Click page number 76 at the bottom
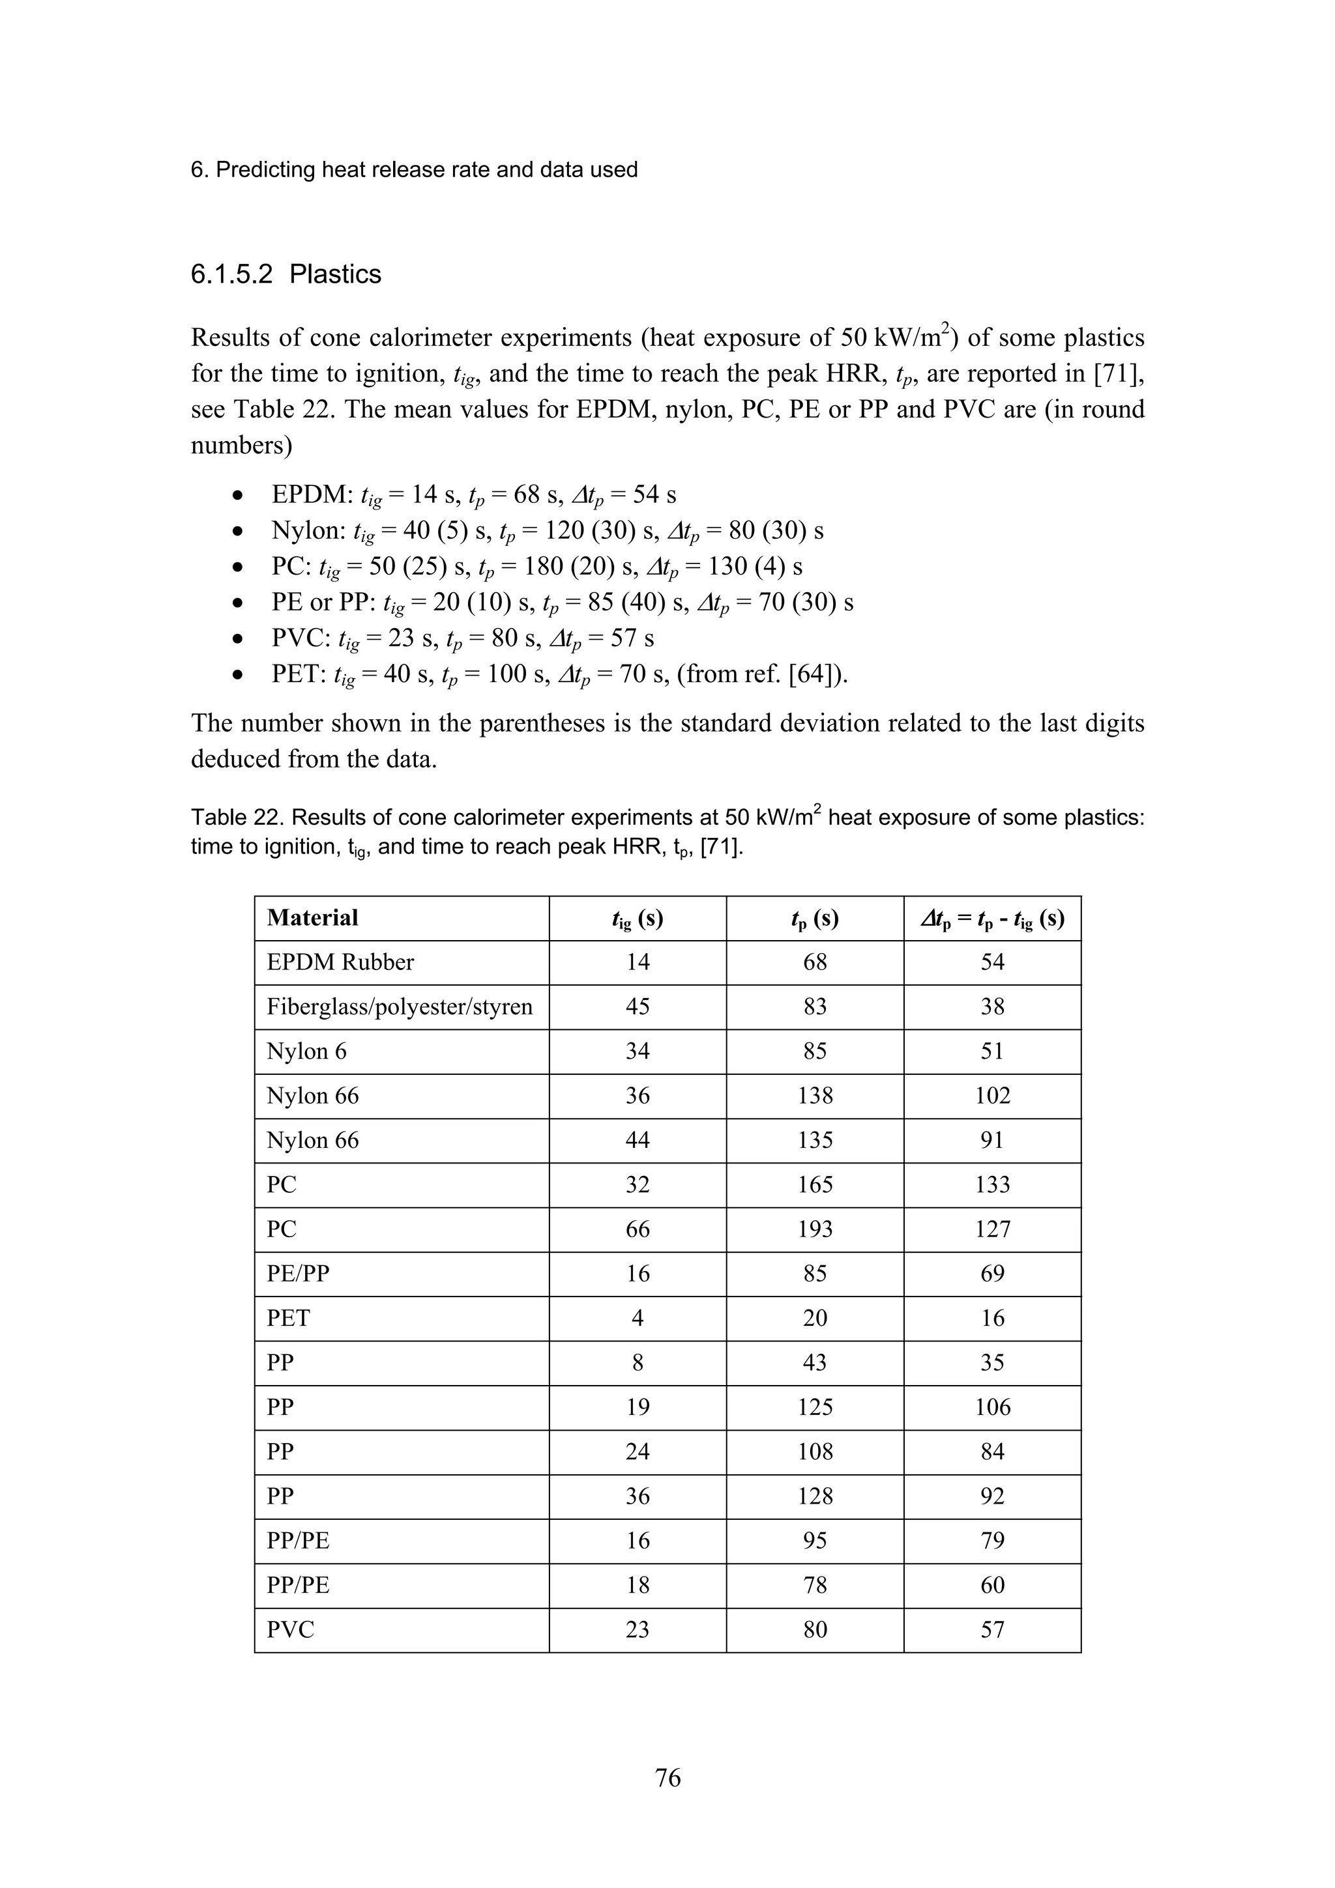[x=667, y=1778]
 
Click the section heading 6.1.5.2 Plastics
[x=286, y=274]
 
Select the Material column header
[x=313, y=918]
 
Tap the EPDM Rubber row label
[x=340, y=962]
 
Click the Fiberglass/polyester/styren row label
[x=399, y=1007]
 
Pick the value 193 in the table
[x=814, y=1229]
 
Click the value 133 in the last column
[x=992, y=1185]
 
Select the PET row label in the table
[x=288, y=1318]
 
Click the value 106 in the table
[x=992, y=1407]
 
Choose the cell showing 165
[x=814, y=1185]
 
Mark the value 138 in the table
[x=814, y=1095]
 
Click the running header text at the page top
[x=414, y=169]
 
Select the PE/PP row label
[x=298, y=1274]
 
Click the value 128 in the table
[x=814, y=1496]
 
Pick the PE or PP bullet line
[x=562, y=603]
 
